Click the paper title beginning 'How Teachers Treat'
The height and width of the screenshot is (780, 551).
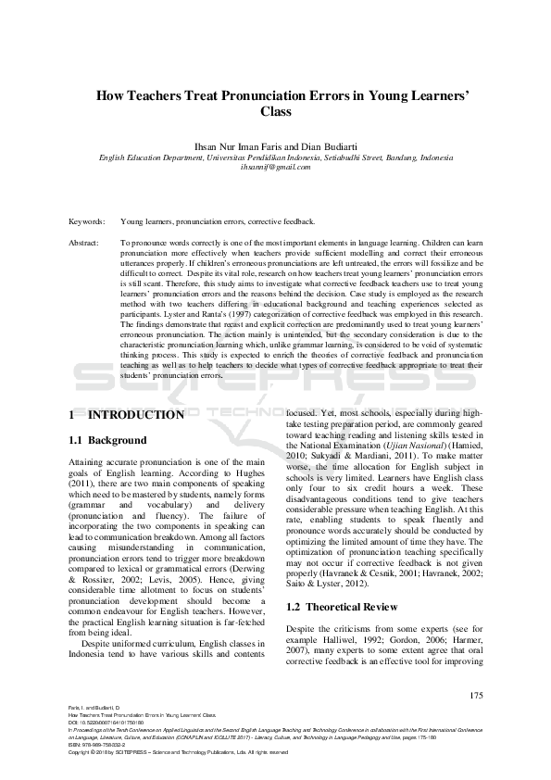click(x=275, y=94)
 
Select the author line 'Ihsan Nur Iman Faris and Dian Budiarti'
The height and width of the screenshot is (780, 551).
click(x=275, y=147)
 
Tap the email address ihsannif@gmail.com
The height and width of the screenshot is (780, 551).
click(x=275, y=168)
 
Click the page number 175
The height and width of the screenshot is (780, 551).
click(x=477, y=696)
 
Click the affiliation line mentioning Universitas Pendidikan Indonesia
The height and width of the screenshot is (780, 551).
click(x=275, y=157)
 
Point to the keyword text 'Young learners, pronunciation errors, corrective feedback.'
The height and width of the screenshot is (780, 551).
click(x=218, y=222)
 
